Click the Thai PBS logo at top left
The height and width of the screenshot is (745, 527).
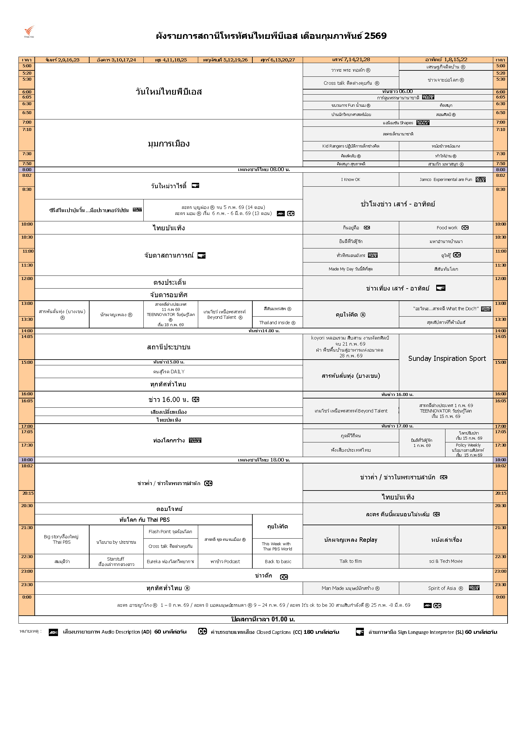point(29,32)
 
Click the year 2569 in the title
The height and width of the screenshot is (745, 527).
point(375,36)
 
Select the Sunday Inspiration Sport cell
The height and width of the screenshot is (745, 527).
point(446,359)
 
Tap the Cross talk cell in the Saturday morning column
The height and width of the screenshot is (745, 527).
point(351,83)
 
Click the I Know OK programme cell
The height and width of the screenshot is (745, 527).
point(350,179)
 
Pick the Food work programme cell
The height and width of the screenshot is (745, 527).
point(446,228)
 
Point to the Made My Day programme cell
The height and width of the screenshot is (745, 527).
point(350,269)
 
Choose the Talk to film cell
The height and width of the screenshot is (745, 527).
point(350,561)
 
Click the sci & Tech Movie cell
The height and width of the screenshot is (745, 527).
point(445,561)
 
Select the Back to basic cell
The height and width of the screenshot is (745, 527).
point(278,561)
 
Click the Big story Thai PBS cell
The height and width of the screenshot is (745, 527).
point(62,539)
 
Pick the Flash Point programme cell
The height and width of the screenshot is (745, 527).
point(170,532)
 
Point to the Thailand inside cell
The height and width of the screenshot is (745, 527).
point(277,323)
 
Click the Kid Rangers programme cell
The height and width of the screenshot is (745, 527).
point(350,146)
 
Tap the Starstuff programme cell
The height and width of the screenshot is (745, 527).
point(116,561)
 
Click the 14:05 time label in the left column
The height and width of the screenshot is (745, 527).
point(27,337)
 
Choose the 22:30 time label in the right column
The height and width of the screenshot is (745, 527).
point(500,557)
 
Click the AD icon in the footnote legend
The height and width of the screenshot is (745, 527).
point(53,632)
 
